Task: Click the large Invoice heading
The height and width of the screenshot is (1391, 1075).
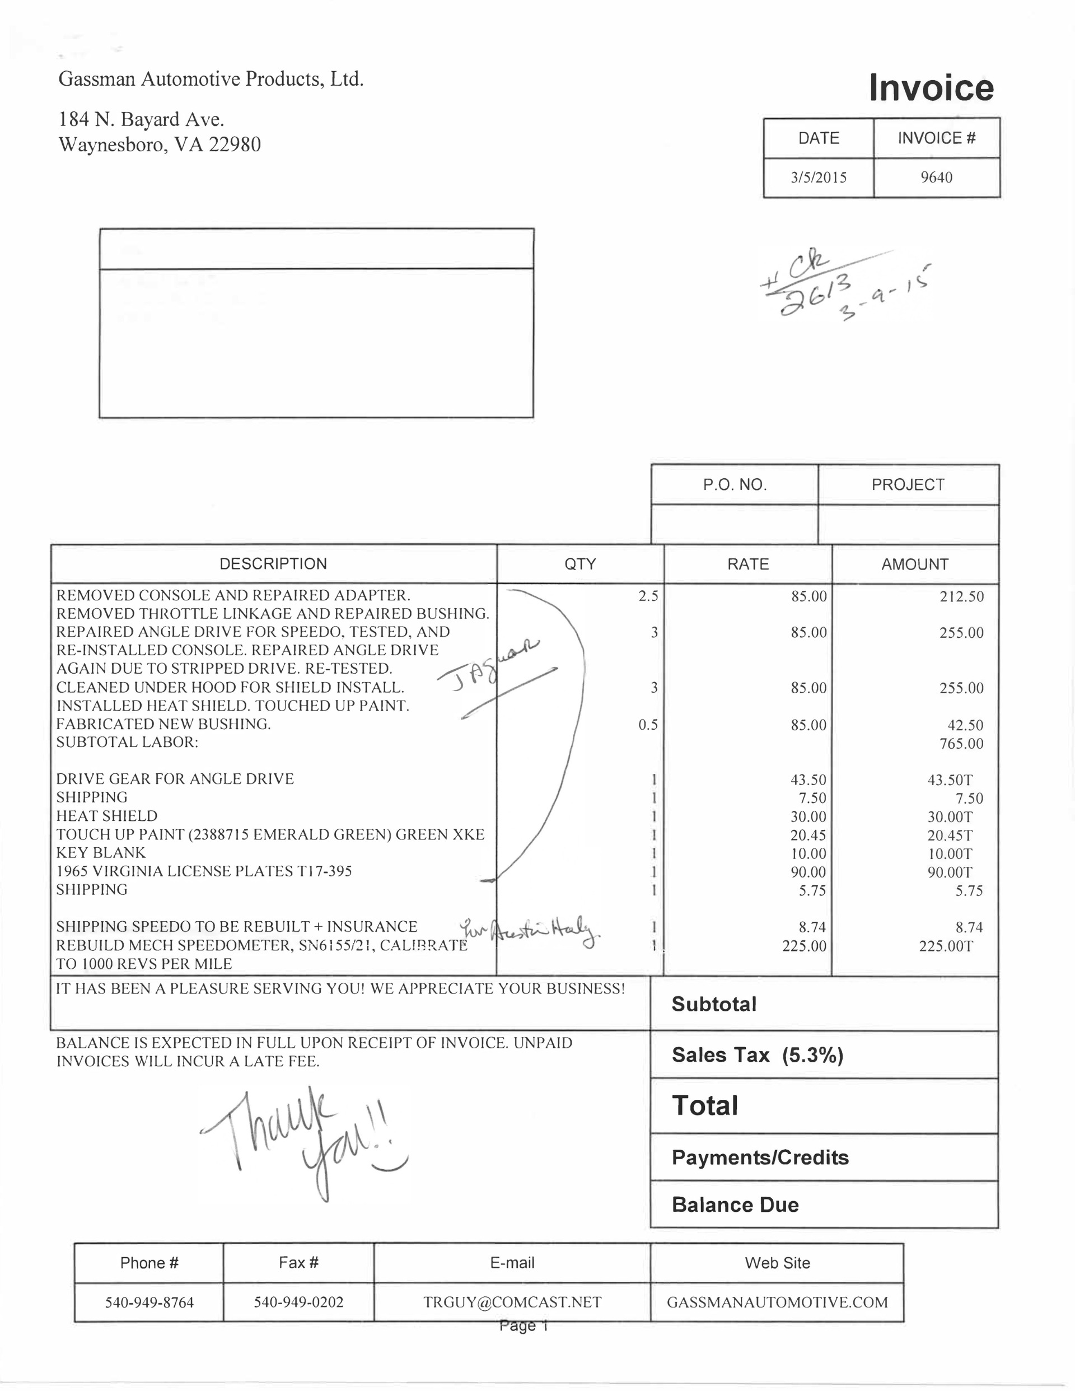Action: [931, 88]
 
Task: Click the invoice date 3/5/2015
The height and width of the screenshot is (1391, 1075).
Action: [819, 178]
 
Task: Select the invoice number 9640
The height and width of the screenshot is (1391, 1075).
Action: [936, 178]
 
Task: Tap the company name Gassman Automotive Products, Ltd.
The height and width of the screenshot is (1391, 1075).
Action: [211, 79]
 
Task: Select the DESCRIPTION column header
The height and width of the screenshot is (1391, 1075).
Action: [273, 564]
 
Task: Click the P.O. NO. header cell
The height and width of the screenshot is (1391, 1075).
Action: [734, 485]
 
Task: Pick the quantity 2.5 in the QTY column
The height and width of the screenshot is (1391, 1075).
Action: [648, 596]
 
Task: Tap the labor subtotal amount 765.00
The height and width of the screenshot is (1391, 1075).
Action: [961, 743]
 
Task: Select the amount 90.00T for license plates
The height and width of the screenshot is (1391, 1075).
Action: [950, 872]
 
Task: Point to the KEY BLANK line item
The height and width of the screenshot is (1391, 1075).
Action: [101, 853]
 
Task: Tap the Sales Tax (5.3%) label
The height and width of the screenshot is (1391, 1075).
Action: [757, 1054]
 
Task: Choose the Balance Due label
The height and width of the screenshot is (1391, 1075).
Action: [735, 1205]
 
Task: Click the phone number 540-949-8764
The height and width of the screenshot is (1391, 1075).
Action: [149, 1302]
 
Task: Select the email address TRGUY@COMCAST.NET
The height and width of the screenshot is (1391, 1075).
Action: [512, 1302]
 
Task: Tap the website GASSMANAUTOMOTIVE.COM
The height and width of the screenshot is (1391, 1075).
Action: [777, 1302]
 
